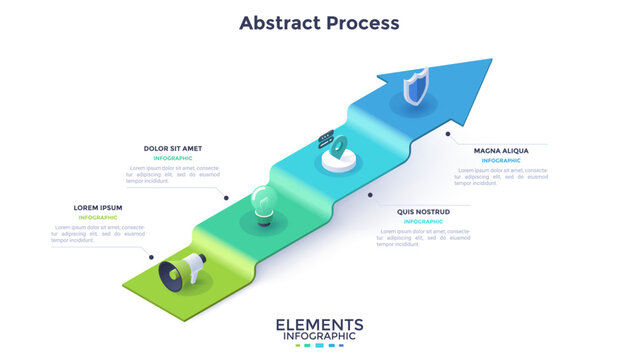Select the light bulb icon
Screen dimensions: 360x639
pos(262,204)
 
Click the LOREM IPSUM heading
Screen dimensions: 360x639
pos(97,208)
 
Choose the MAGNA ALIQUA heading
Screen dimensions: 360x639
pos(501,150)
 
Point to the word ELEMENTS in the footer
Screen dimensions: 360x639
pos(319,325)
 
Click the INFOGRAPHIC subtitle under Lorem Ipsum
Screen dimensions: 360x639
pos(98,218)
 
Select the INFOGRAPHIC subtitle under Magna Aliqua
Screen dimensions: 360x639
pos(501,160)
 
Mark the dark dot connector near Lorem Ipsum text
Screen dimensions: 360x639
pos(152,256)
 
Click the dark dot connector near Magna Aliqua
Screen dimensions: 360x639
pos(448,133)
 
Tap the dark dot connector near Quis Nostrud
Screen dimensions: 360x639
pos(371,195)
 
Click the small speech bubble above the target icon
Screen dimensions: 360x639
pos(325,134)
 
